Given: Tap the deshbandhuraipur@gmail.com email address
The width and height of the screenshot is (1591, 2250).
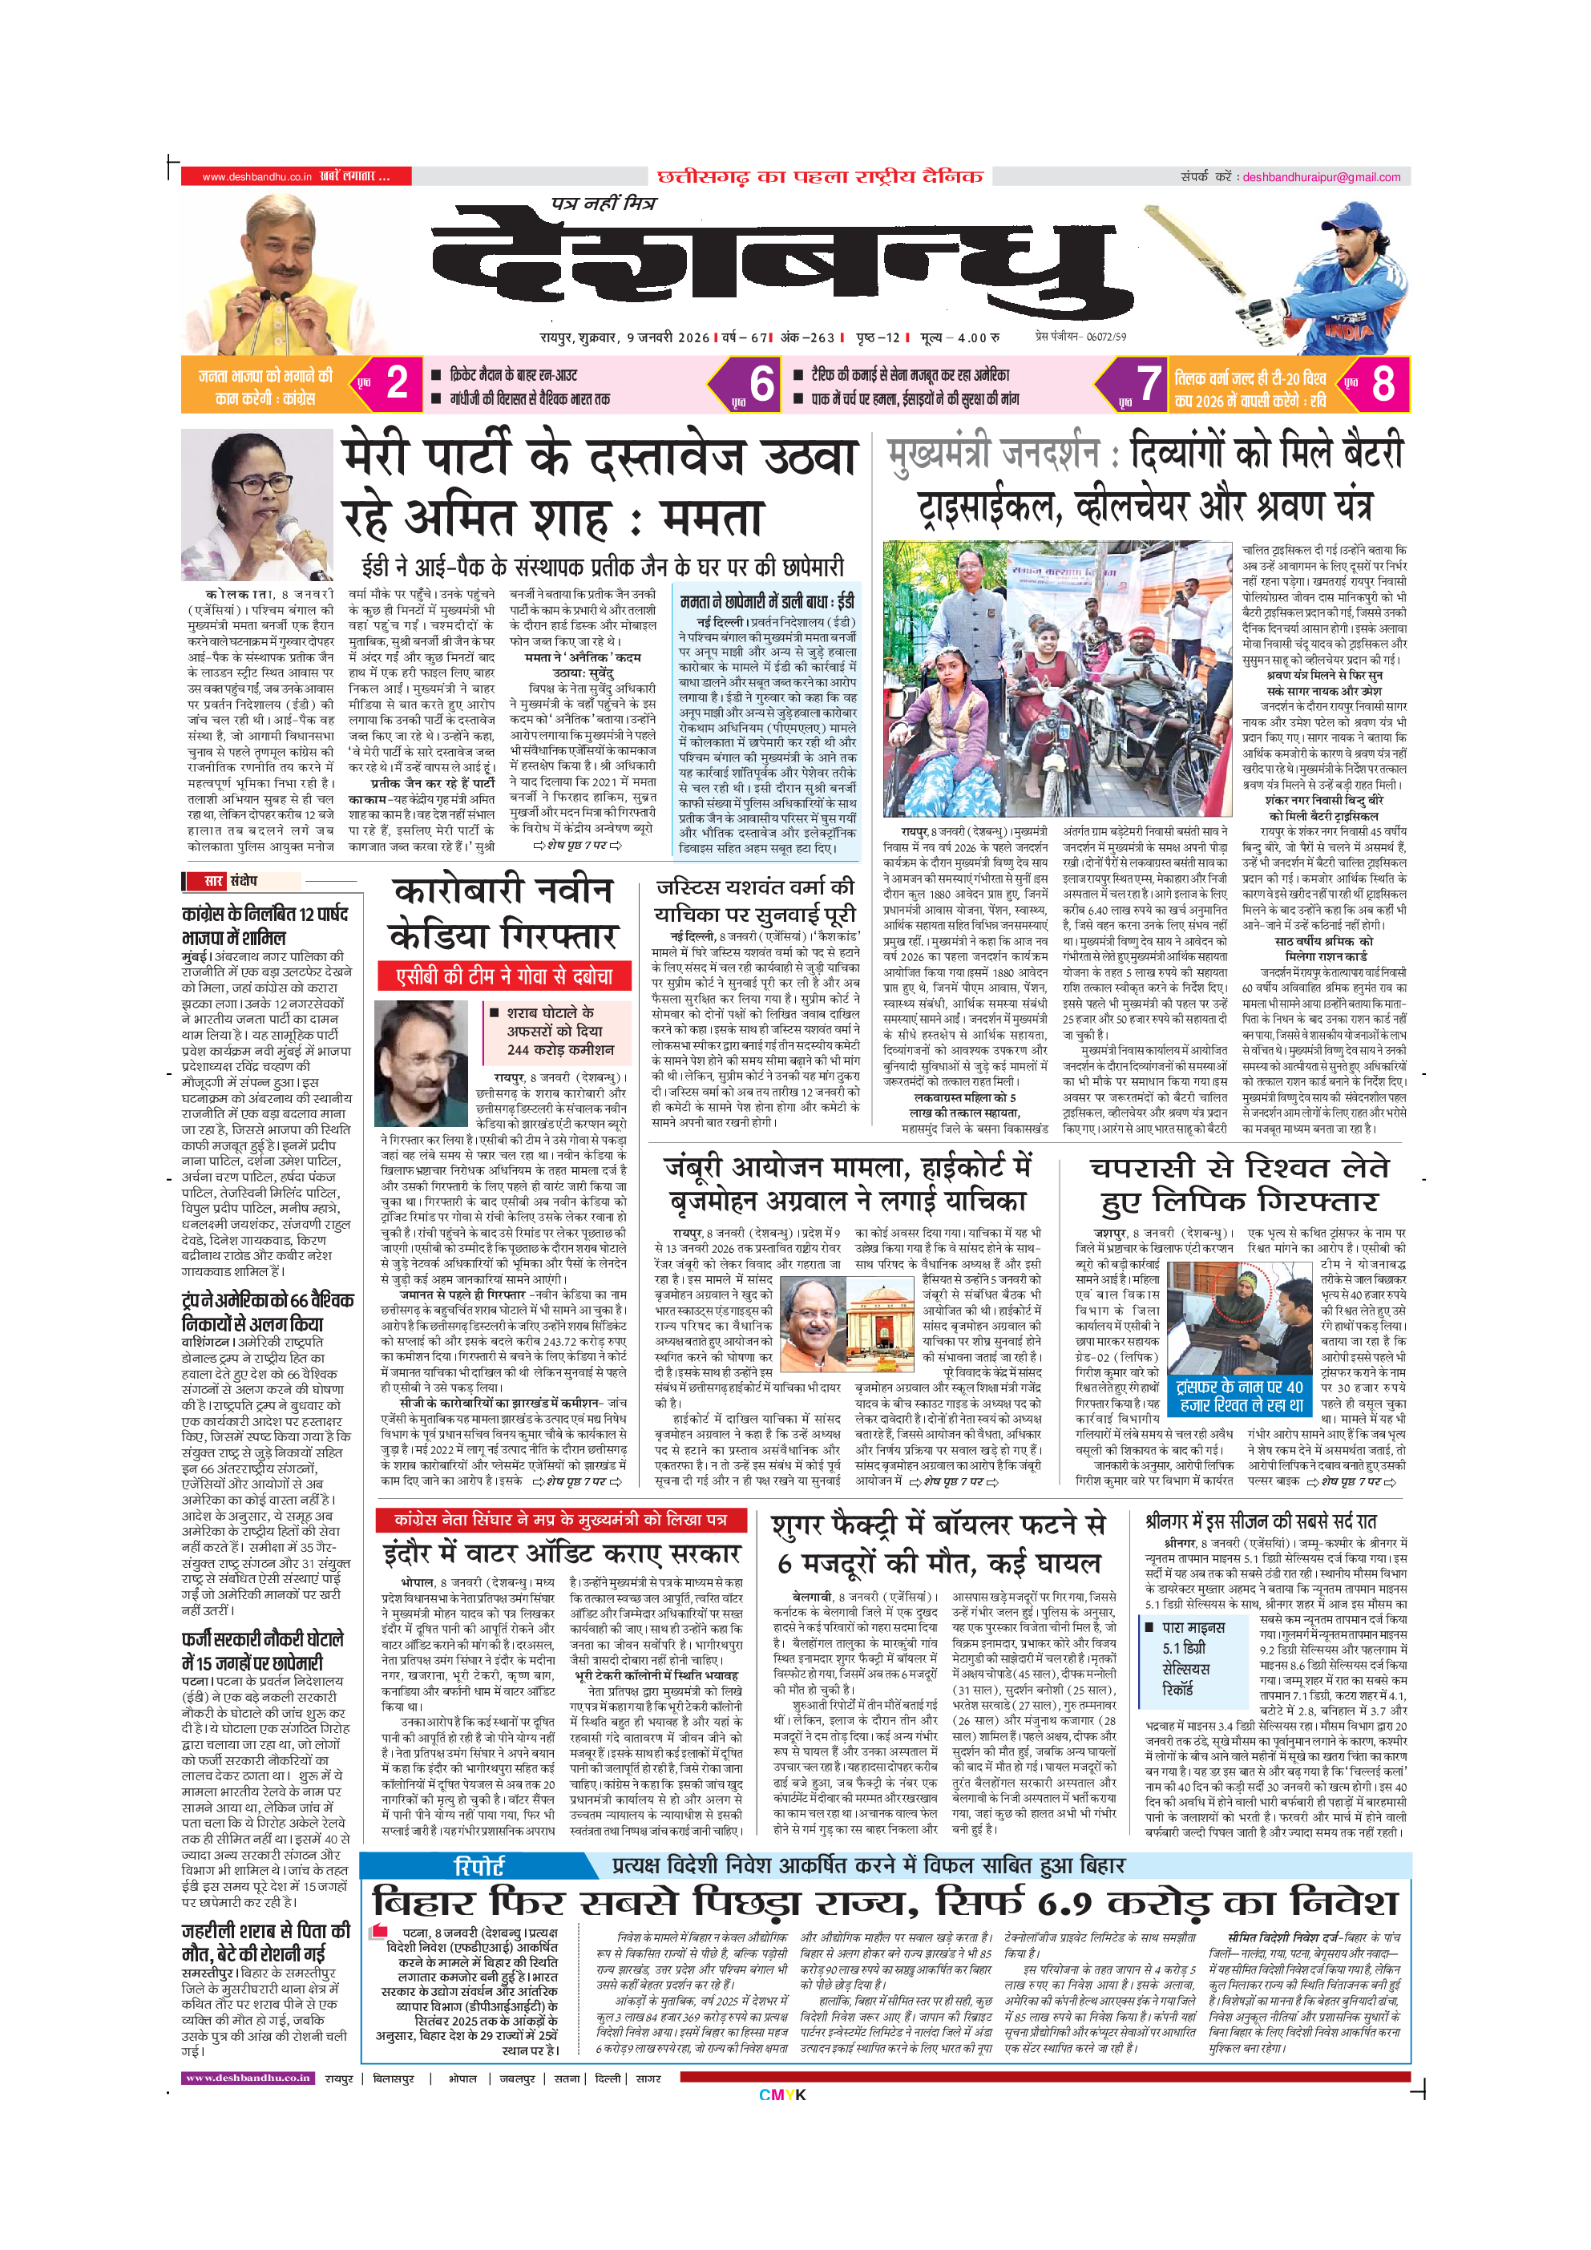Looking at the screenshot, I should pos(1322,177).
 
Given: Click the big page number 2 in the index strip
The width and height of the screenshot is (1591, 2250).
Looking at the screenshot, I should pos(397,383).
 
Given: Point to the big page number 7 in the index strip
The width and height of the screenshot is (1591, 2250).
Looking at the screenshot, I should pos(1149,383).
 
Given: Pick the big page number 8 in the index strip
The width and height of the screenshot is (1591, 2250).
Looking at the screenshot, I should pos(1383,383).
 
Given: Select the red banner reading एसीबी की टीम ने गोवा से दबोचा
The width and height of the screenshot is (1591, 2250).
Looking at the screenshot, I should pos(503,976).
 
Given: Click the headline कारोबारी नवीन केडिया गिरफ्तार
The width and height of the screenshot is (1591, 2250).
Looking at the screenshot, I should pos(503,912).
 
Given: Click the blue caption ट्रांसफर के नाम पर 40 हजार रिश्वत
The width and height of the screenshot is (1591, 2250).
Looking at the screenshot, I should pos(1240,1396).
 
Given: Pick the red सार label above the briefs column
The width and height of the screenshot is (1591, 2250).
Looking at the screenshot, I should pos(212,881).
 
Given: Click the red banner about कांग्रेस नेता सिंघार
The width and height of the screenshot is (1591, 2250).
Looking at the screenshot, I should pos(560,1520).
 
